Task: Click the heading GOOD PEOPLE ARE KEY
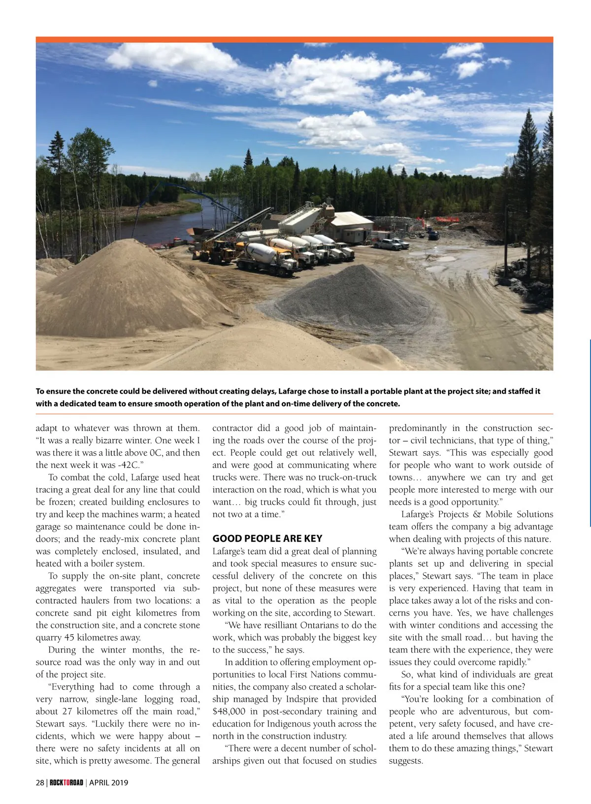(x=267, y=538)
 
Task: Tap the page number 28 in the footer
(x=40, y=782)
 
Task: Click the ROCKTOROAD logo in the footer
(x=66, y=782)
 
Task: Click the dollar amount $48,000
(x=229, y=711)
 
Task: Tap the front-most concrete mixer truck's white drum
(x=261, y=253)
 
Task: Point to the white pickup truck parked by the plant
(x=387, y=244)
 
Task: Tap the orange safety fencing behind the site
(x=446, y=219)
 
